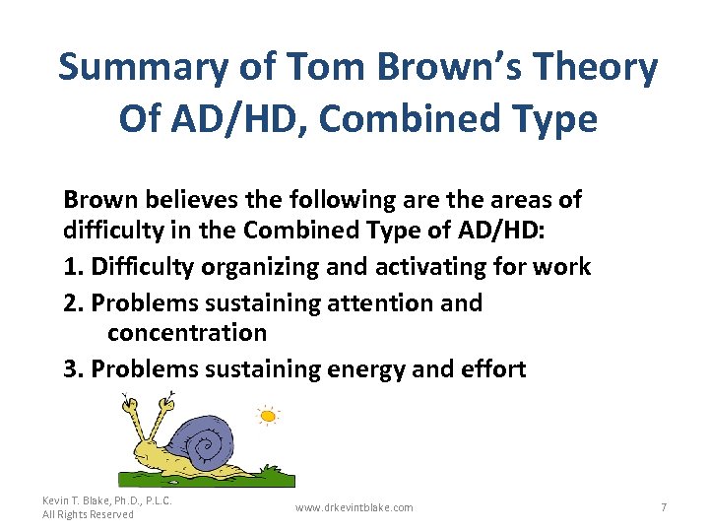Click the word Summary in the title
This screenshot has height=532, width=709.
144,68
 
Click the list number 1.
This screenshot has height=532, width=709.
70,267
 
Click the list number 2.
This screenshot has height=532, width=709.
71,302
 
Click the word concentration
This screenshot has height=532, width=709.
187,334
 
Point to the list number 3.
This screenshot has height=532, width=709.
71,369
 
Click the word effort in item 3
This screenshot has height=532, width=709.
491,369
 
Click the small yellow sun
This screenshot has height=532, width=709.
267,416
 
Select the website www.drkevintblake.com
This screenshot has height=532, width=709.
354,507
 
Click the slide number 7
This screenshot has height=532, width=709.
664,507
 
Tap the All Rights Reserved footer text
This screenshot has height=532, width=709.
88,515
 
